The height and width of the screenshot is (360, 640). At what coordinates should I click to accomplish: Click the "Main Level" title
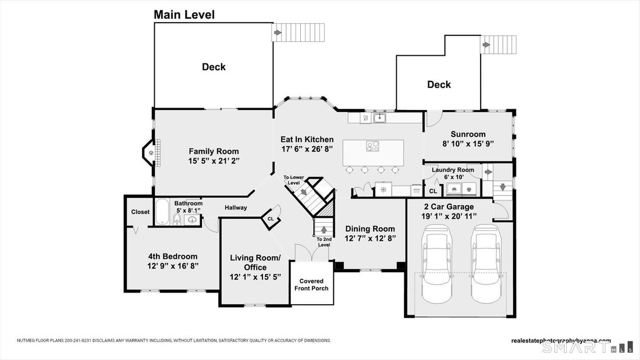coord(184,15)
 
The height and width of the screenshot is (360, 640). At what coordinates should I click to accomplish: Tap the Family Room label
coord(214,151)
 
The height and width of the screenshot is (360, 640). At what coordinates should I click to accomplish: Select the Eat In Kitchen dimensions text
coord(307,149)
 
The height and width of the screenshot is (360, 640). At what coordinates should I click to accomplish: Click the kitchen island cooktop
coord(372,146)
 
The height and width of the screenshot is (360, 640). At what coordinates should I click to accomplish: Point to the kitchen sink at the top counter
coord(379,118)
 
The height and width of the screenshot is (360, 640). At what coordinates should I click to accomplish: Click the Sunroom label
coord(468,134)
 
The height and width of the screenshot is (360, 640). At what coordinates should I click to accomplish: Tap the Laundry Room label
coord(453,170)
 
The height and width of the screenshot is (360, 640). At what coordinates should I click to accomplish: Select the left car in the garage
coord(437,263)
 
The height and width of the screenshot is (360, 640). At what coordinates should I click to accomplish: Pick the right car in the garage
coord(486,263)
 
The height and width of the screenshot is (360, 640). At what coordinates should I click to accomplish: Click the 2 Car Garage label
coord(449,207)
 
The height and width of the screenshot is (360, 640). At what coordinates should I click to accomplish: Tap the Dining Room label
coord(370,229)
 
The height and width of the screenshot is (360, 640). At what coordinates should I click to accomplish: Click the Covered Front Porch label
coord(311,284)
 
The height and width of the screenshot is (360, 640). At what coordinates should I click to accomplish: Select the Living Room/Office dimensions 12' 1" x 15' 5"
coord(255,277)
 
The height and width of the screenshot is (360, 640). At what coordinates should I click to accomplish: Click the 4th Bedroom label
coord(173,256)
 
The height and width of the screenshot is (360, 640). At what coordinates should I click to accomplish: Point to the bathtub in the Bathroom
coord(162,212)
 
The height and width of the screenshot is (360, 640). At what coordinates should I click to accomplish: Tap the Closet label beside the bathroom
coord(140,212)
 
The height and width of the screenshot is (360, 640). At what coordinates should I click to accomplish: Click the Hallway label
coord(236,208)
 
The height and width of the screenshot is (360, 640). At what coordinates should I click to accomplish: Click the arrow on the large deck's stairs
coord(278,32)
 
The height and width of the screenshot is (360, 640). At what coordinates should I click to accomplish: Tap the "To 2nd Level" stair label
coord(324,242)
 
